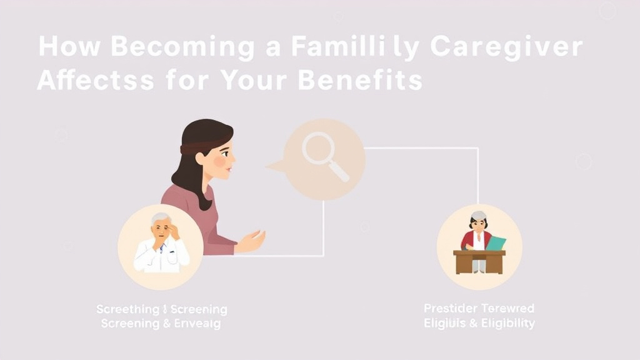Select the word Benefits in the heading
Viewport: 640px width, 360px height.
tap(361, 81)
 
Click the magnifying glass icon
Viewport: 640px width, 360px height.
tap(324, 156)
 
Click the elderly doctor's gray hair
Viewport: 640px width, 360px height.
tap(160, 218)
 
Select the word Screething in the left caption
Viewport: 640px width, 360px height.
tap(127, 310)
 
